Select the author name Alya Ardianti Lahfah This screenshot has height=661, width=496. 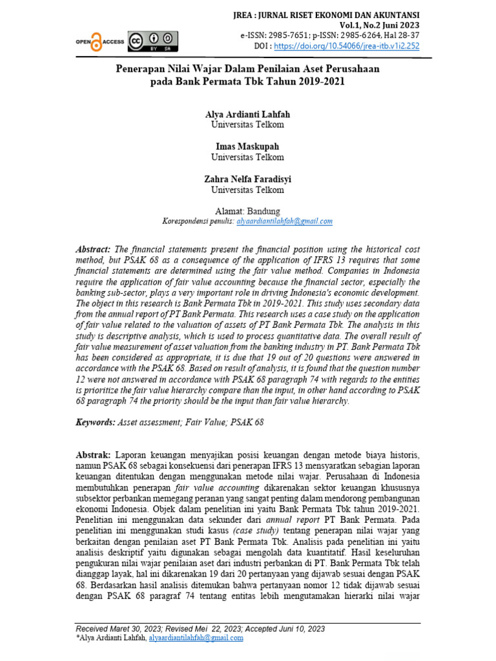(x=247, y=113)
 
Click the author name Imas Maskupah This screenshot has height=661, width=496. (x=247, y=147)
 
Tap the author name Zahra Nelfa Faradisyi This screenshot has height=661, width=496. (x=247, y=179)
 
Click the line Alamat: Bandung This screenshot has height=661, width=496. (x=247, y=210)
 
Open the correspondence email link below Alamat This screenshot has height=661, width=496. (x=285, y=221)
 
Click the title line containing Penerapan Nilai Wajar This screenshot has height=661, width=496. (x=247, y=68)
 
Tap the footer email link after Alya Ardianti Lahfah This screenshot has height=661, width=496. (x=196, y=638)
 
